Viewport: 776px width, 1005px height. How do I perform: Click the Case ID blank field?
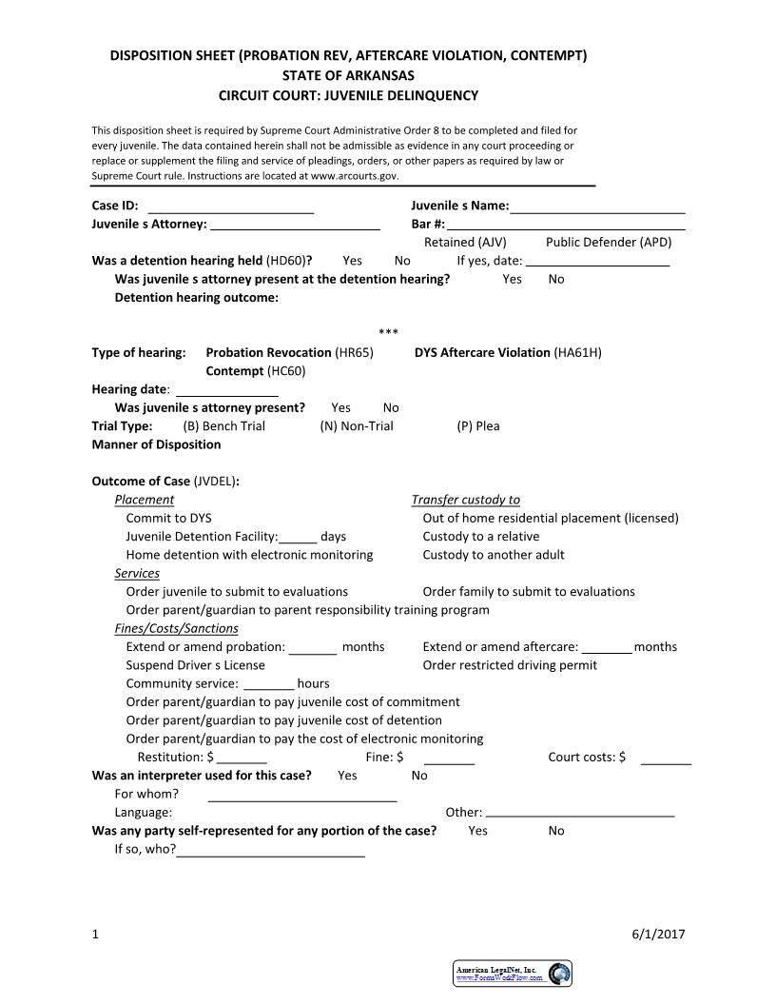tap(231, 207)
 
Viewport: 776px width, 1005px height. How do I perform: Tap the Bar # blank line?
tap(566, 226)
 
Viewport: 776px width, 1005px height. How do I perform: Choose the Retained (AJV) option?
tap(465, 243)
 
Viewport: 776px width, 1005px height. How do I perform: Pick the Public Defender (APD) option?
tap(609, 243)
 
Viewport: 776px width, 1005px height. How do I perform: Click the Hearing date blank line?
tap(227, 390)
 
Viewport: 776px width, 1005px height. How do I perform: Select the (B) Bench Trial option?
tap(223, 426)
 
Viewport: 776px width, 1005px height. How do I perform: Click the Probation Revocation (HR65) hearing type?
tap(289, 353)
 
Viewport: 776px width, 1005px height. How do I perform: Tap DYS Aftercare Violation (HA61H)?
tap(508, 353)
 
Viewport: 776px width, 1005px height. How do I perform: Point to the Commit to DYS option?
tap(168, 519)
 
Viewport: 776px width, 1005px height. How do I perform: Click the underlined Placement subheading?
tap(144, 500)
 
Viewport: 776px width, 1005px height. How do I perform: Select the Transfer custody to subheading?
tap(465, 500)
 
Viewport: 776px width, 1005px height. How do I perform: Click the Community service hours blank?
tap(268, 684)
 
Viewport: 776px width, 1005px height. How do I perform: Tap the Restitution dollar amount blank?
tap(242, 759)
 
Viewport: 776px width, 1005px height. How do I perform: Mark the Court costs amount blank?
tap(666, 759)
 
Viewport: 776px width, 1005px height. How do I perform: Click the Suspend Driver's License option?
tap(195, 665)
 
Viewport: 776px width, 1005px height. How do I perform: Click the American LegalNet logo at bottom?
tap(513, 973)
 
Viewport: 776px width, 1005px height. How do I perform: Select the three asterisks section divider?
tap(388, 332)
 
